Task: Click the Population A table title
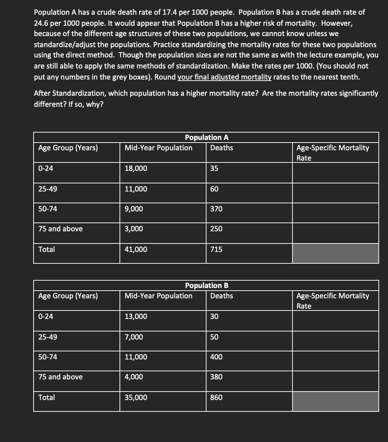(x=207, y=137)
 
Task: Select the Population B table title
(x=207, y=285)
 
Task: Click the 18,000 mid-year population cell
(x=136, y=169)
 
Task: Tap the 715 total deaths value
(x=216, y=249)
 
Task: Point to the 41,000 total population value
(x=136, y=249)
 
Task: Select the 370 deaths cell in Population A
(x=216, y=209)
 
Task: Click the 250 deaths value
(x=216, y=229)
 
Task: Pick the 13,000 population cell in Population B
(x=136, y=316)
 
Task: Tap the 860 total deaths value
(x=216, y=397)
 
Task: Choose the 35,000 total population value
(x=136, y=397)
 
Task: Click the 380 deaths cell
(x=216, y=377)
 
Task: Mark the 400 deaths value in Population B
(x=216, y=357)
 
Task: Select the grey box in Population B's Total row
(x=335, y=401)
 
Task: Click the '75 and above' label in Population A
(x=60, y=229)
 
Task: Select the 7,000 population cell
(x=134, y=337)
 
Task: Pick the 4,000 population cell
(x=134, y=377)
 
